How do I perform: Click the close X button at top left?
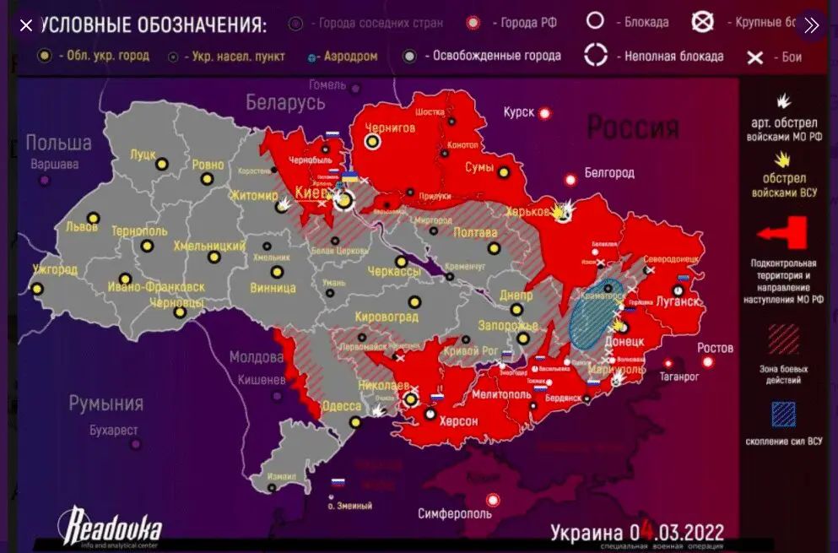(26, 25)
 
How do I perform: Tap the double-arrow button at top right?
(811, 25)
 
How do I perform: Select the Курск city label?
(519, 111)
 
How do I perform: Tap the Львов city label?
(81, 227)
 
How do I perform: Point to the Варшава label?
(54, 164)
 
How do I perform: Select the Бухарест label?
(113, 431)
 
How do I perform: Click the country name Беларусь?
(285, 103)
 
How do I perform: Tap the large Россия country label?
(632, 128)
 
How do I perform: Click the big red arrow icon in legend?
(783, 234)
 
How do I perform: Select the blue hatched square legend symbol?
(783, 414)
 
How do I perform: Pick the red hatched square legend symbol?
(783, 340)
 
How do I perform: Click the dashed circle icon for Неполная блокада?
(597, 57)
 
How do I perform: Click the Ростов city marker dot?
(707, 363)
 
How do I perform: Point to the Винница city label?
(273, 288)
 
